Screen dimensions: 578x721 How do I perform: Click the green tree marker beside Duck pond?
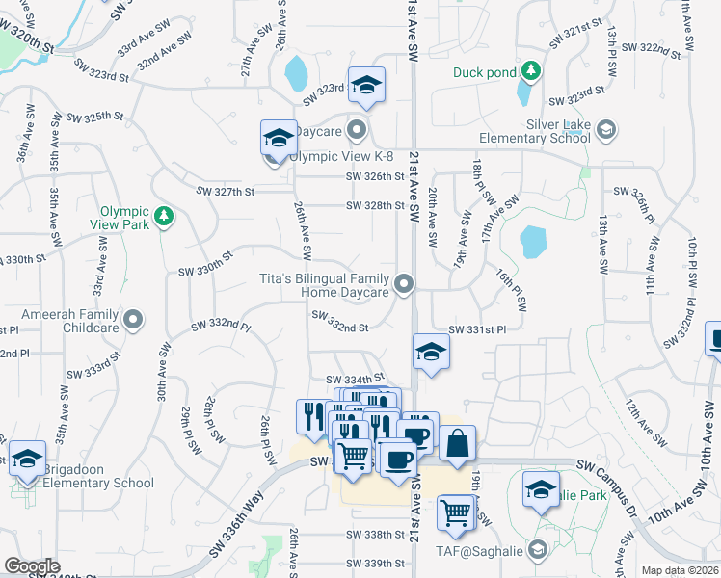click(530, 71)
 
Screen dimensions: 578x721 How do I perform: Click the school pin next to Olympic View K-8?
click(279, 138)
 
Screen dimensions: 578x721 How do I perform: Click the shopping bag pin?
click(458, 443)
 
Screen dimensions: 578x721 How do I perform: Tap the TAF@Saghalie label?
click(491, 551)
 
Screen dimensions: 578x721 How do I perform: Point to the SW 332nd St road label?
click(339, 328)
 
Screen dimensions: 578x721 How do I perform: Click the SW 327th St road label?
click(222, 191)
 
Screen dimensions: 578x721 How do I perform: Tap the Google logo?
click(32, 566)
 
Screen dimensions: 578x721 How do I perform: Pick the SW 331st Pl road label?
click(477, 328)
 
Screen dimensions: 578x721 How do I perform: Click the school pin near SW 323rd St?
click(366, 87)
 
